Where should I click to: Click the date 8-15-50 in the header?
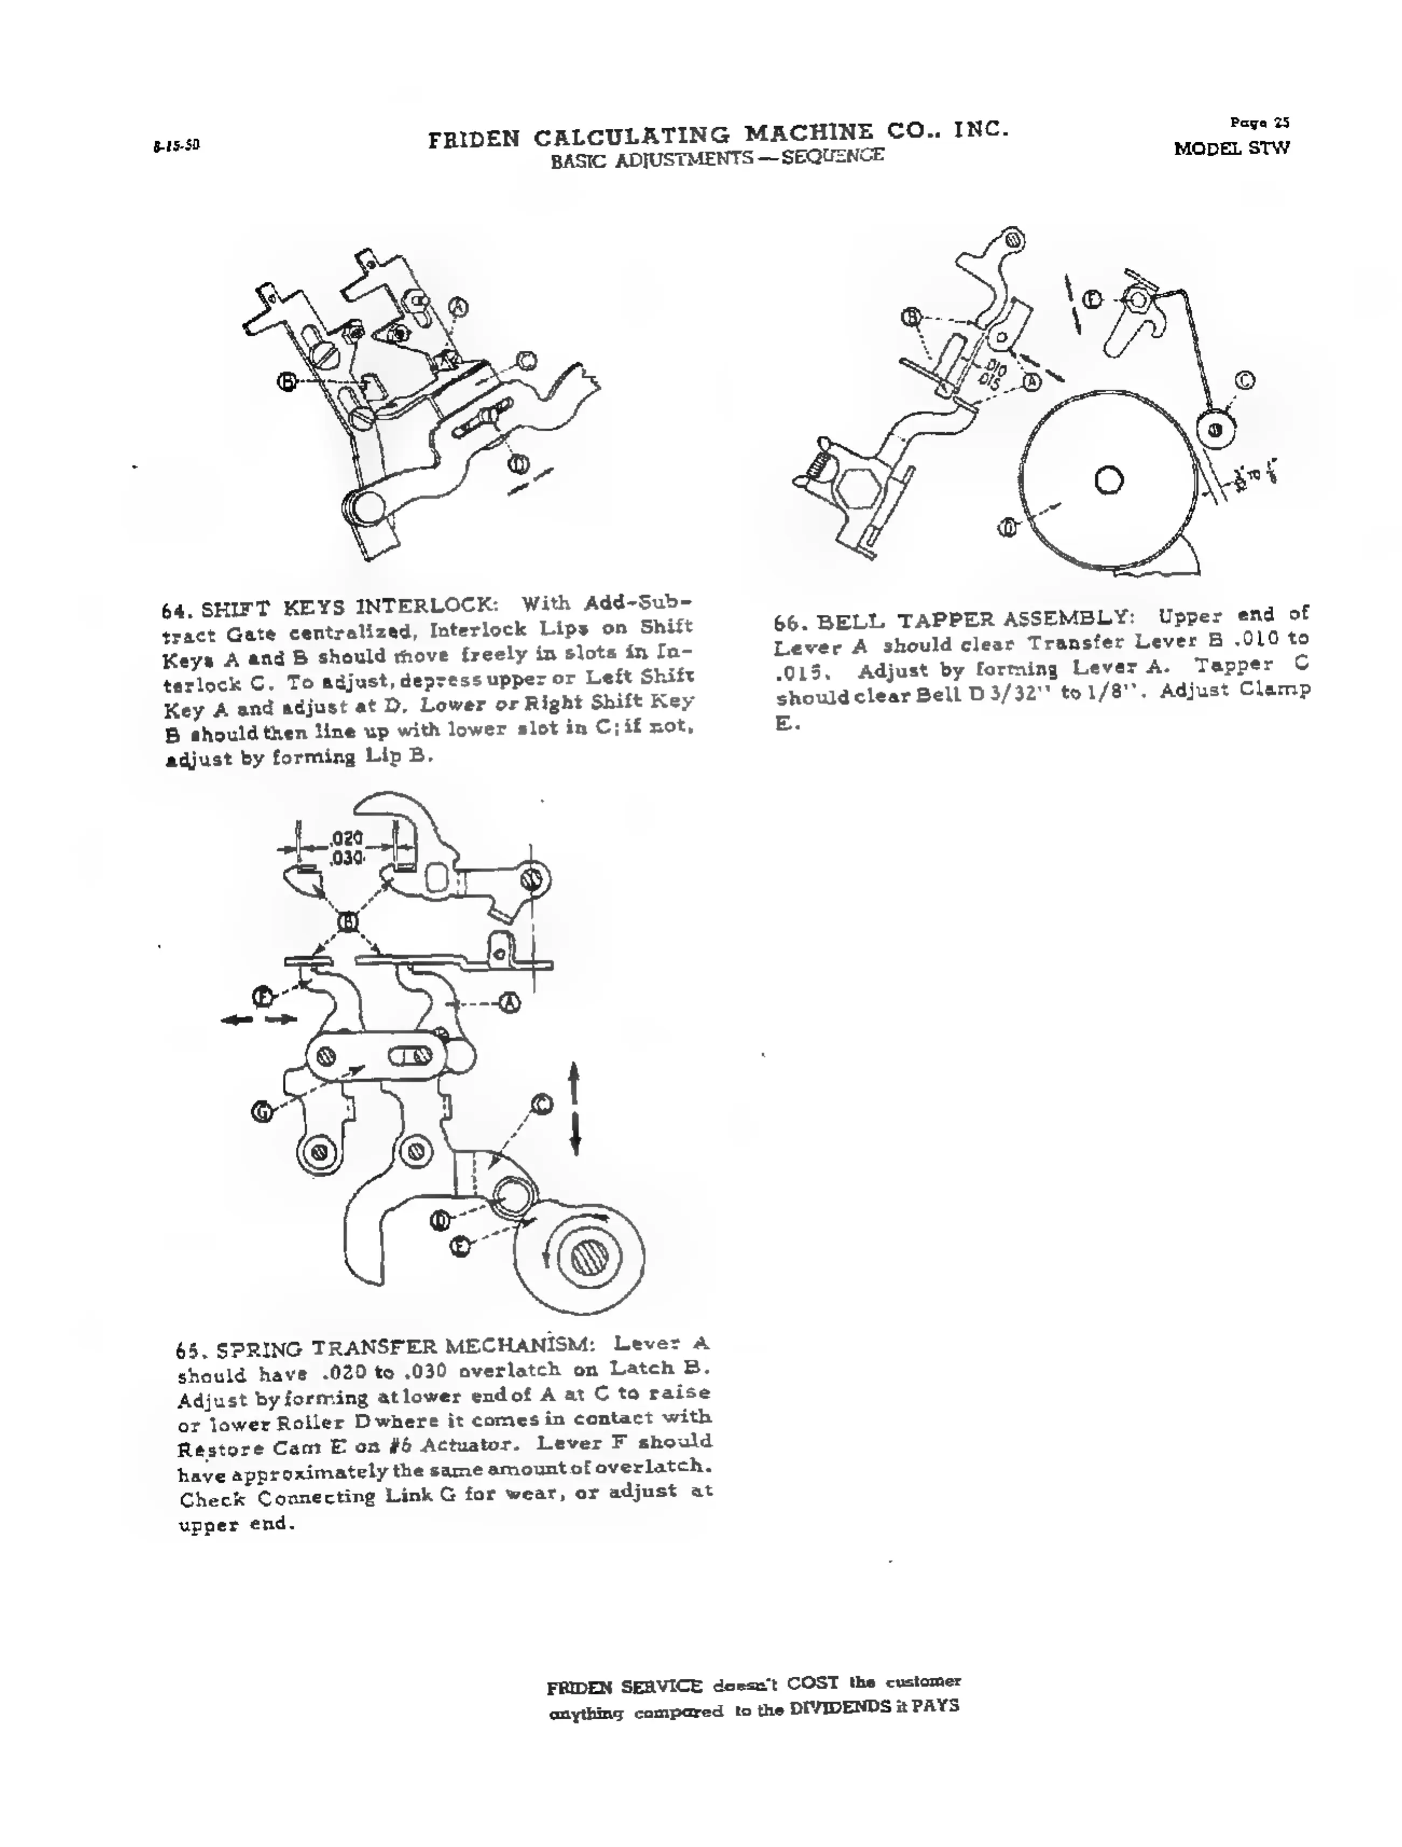coord(176,145)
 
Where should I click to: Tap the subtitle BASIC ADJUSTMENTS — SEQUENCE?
coord(717,158)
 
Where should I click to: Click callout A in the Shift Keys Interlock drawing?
coord(459,307)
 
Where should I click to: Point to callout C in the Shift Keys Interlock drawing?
coord(525,360)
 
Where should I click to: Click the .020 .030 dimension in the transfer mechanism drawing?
coord(346,848)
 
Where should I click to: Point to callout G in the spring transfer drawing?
coord(262,1112)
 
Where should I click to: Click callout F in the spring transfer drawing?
coord(263,996)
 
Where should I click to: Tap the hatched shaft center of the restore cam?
coord(591,1258)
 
